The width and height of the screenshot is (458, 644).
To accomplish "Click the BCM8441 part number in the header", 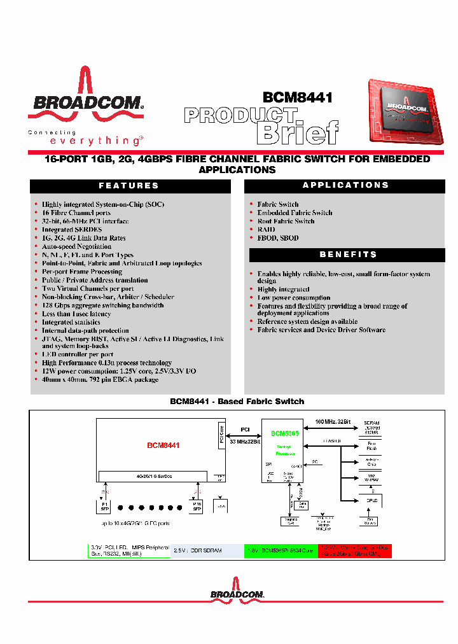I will click(298, 99).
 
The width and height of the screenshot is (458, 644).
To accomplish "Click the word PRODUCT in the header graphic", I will click(240, 115).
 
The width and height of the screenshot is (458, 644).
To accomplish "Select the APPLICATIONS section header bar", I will click(345, 185).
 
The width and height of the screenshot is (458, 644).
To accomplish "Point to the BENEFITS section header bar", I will click(347, 255).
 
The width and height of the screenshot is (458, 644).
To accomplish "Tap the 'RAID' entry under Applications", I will click(266, 230).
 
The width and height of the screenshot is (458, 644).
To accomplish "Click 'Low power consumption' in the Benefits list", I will click(293, 298).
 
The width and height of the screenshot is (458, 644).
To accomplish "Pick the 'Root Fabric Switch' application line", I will click(286, 221).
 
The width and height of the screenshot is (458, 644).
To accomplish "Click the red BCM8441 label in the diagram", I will click(163, 445).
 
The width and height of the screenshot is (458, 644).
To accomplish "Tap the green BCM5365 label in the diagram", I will click(284, 433).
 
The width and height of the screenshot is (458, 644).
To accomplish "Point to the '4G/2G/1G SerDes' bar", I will click(151, 476).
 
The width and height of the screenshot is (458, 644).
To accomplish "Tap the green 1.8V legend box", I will click(280, 550).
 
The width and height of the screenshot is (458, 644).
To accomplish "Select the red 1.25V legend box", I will click(355, 550).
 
